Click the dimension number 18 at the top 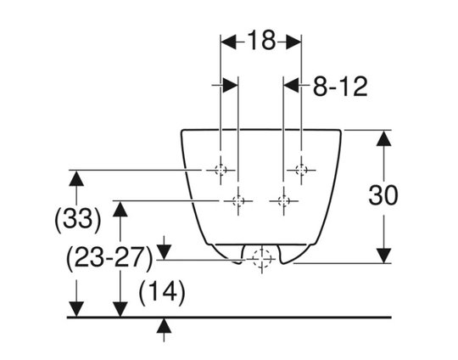(x=261, y=41)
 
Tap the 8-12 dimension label (x=340, y=87)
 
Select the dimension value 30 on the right (x=383, y=195)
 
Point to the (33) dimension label (x=78, y=219)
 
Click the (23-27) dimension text (x=109, y=258)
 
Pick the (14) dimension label (x=162, y=292)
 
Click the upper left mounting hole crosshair (x=221, y=170)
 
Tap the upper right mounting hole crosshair (x=301, y=170)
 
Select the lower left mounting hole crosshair (x=238, y=201)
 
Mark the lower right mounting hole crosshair (x=283, y=201)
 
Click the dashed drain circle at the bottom (x=262, y=259)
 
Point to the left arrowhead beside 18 (x=228, y=42)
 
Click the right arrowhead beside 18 (x=293, y=42)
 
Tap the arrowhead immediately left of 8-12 (x=291, y=85)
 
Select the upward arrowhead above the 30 (x=383, y=138)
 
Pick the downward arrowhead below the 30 (x=383, y=256)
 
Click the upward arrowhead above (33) (x=76, y=178)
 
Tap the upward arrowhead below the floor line (x=164, y=325)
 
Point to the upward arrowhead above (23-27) (x=120, y=209)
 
